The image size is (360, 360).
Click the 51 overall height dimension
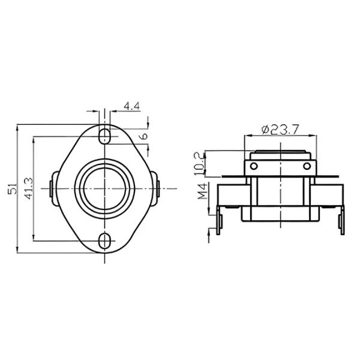11,188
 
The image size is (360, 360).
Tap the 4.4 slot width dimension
131,106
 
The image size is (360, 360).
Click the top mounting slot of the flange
105,134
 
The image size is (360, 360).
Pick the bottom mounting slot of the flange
105,241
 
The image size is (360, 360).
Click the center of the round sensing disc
105,188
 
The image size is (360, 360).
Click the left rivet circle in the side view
253,166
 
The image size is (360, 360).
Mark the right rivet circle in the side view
307,166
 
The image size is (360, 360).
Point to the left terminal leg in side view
220,218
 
